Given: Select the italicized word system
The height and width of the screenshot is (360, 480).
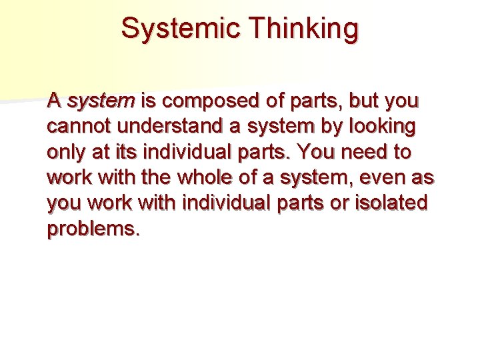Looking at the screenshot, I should (x=101, y=101).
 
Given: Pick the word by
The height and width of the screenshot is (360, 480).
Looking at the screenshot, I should (x=327, y=127).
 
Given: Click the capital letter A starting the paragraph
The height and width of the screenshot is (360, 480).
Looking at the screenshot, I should (x=55, y=101).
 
